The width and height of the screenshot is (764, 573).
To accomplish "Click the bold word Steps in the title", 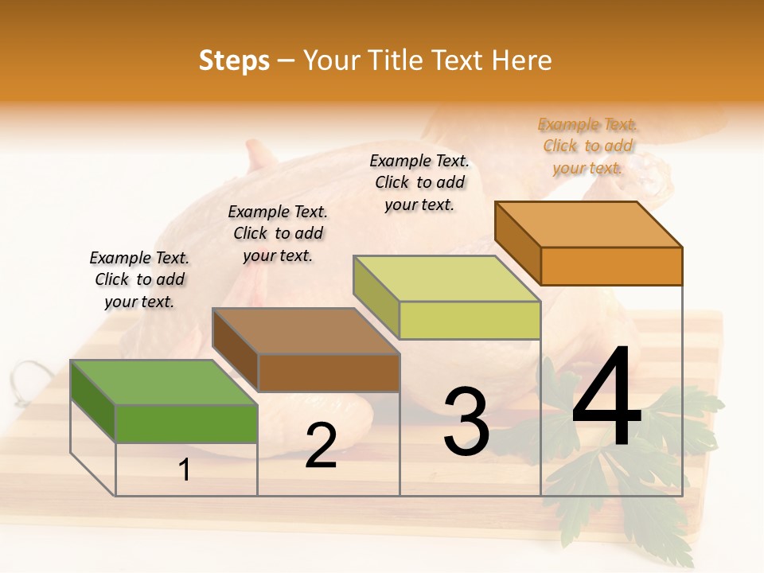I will click(234, 60).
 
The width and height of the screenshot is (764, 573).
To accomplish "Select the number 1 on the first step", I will click(185, 470).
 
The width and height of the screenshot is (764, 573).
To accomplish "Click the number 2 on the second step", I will click(322, 446).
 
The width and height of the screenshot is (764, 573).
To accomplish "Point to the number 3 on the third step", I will click(466, 421).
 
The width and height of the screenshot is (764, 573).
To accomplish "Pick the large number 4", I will click(606, 398).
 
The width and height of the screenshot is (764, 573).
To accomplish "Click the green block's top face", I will click(164, 382).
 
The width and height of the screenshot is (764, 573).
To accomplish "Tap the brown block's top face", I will click(306, 331).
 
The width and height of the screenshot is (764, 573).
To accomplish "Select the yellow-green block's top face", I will click(447, 279).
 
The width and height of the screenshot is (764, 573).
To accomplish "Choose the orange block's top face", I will click(589, 224).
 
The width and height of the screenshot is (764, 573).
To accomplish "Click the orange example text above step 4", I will click(588, 146).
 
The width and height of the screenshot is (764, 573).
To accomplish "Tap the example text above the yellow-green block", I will click(419, 182).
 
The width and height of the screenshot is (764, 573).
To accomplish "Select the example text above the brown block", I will click(278, 233).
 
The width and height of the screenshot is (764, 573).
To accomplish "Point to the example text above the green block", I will click(139, 279).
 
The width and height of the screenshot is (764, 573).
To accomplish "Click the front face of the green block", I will click(186, 423).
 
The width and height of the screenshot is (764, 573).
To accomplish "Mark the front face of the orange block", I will click(611, 266).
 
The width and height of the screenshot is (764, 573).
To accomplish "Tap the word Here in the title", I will click(521, 60).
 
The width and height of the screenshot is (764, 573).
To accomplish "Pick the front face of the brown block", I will click(329, 372).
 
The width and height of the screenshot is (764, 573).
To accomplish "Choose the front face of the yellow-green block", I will click(470, 320).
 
